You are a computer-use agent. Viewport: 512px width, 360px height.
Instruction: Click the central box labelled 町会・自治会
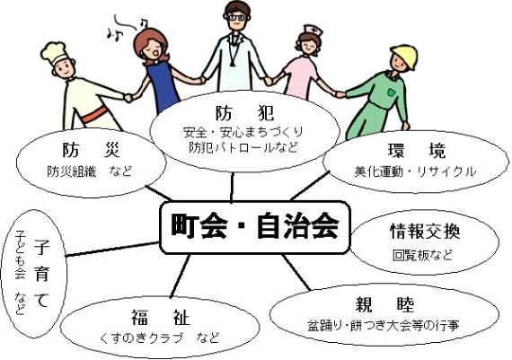(255, 227)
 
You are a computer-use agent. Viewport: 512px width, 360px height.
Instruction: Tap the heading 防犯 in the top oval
(245, 113)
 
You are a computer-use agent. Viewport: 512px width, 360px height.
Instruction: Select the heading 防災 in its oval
(92, 150)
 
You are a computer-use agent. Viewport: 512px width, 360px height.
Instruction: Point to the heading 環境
(417, 151)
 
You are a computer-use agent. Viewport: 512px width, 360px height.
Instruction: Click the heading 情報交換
(425, 231)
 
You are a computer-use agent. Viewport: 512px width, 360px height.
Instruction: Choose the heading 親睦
(385, 304)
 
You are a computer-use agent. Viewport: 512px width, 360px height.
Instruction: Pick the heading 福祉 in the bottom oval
(160, 317)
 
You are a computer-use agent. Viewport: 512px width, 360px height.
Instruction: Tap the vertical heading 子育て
(41, 274)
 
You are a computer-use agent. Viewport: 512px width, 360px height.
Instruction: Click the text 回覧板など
(422, 255)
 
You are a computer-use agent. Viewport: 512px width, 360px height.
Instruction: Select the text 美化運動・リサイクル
(415, 171)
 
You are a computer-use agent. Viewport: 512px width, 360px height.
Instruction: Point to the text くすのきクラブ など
(159, 338)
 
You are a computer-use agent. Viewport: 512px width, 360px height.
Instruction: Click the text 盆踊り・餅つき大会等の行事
(384, 325)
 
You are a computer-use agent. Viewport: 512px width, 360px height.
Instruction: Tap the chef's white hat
(55, 52)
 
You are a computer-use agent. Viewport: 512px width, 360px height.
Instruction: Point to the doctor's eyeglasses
(237, 17)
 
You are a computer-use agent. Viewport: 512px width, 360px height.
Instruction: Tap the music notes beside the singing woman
(128, 27)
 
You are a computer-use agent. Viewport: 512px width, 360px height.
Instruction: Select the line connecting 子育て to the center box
(112, 249)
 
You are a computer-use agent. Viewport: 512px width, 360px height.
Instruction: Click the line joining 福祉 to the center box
(180, 277)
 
